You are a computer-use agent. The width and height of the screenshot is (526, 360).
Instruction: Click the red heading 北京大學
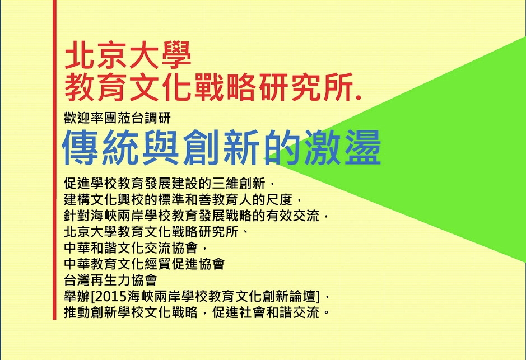tap(128, 56)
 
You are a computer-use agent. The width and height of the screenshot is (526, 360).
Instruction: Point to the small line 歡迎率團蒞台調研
tap(117, 118)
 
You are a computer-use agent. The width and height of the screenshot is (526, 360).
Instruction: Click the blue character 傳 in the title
tap(81, 147)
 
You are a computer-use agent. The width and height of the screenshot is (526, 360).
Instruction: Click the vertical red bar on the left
tap(55, 168)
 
